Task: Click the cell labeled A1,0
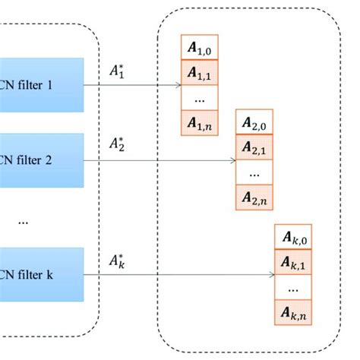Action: click(x=201, y=48)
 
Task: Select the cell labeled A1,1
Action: click(x=201, y=73)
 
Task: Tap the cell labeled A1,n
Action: click(x=201, y=122)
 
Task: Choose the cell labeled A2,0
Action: click(x=255, y=122)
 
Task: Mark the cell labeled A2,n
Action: click(x=255, y=197)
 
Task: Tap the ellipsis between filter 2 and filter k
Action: click(x=23, y=220)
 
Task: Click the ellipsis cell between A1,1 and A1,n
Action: click(x=201, y=98)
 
